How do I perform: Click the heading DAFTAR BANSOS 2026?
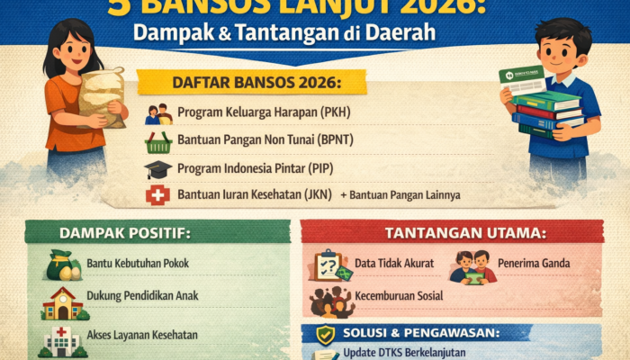pyautogui.click(x=253, y=84)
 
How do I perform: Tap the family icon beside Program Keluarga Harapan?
pyautogui.click(x=158, y=114)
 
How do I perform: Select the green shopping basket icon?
pyautogui.click(x=158, y=142)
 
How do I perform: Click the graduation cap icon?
pyautogui.click(x=158, y=169)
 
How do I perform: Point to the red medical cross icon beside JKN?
pyautogui.click(x=158, y=195)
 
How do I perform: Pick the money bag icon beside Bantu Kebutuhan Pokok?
pyautogui.click(x=64, y=264)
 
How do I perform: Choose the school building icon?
pyautogui.click(x=63, y=304)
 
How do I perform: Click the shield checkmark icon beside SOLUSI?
pyautogui.click(x=325, y=333)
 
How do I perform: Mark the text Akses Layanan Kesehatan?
pyautogui.click(x=143, y=335)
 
